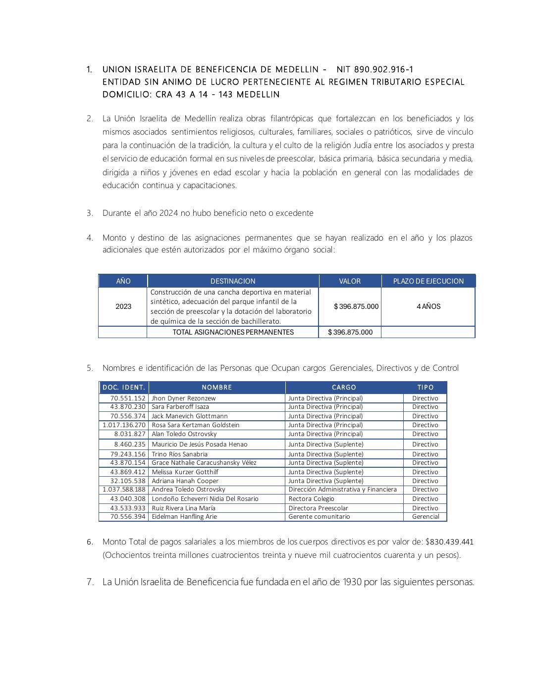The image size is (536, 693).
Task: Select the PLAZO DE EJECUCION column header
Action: point(428,281)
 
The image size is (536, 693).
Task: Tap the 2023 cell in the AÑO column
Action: point(123,306)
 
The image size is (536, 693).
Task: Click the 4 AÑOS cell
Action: point(428,306)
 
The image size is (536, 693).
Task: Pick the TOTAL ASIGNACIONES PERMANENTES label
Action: point(233,332)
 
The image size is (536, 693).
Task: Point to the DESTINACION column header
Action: point(233,281)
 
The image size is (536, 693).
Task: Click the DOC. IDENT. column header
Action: point(124,387)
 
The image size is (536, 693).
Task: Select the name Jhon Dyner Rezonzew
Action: point(184,398)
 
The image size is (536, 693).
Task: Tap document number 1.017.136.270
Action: point(124,425)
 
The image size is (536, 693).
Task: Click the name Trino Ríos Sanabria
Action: point(180,454)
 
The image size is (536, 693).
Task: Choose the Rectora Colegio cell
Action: point(311,498)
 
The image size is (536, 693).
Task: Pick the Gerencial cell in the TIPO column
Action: point(426,516)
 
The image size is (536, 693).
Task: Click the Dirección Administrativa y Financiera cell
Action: point(342,489)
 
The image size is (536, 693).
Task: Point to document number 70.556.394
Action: point(128,516)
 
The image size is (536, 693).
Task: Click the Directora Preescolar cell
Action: point(318,508)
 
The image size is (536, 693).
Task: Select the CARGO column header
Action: point(344,387)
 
